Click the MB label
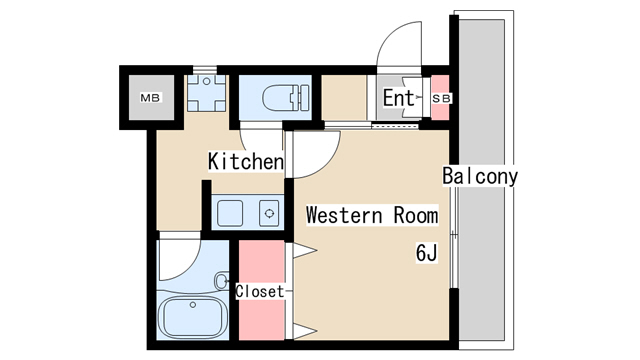pos(151,98)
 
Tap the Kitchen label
pos(246,161)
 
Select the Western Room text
pos(372,215)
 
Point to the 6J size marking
pos(427,252)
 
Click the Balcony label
pos(480,176)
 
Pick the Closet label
pos(260,291)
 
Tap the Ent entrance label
pos(398,98)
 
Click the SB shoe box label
pos(441,98)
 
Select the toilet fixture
pos(285,98)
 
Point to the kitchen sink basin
pos(230,213)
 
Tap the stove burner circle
pos(269,213)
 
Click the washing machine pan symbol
pos(207,93)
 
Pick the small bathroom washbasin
pos(221,281)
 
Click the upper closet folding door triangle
pos(304,250)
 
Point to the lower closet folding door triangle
pos(304,331)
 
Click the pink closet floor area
pos(262,290)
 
